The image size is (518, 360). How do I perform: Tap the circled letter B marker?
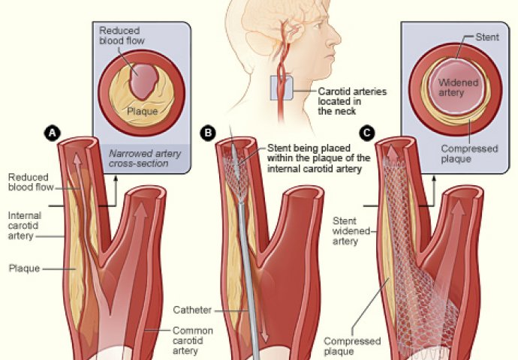(208, 133)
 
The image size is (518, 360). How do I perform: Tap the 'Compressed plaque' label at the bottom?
(349, 346)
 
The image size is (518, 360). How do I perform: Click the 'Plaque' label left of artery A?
(23, 268)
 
